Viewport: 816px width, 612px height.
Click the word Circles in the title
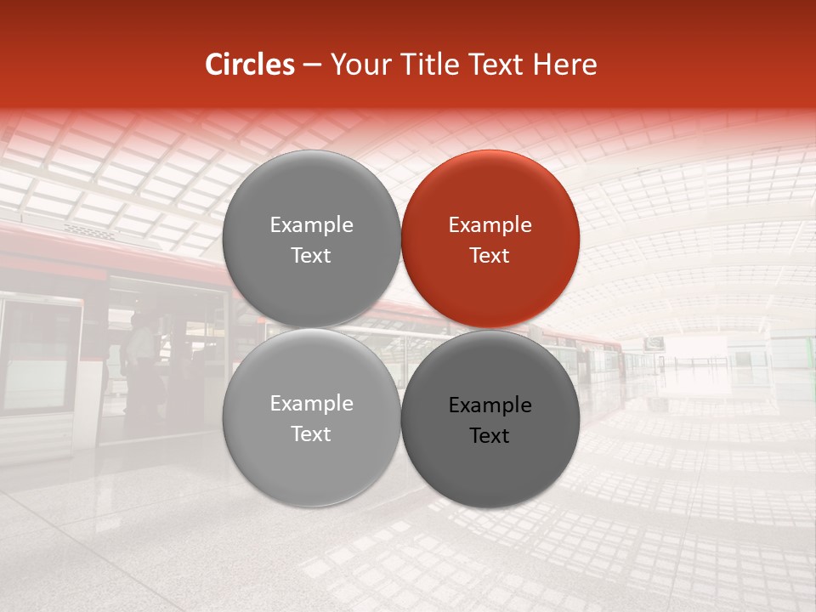coord(249,65)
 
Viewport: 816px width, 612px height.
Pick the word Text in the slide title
coord(492,65)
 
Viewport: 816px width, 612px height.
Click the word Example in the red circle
coord(490,225)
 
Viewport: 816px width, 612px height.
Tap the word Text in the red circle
coord(490,256)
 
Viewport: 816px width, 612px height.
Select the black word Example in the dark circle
coord(490,405)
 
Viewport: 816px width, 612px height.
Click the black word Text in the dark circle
coord(490,436)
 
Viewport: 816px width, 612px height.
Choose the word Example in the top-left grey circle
coord(311,225)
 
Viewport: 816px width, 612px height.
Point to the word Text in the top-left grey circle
coord(311,256)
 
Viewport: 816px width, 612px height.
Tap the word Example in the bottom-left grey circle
coord(311,404)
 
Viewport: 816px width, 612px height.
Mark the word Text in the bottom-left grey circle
coord(311,434)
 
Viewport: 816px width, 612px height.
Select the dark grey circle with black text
coord(490,476)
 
